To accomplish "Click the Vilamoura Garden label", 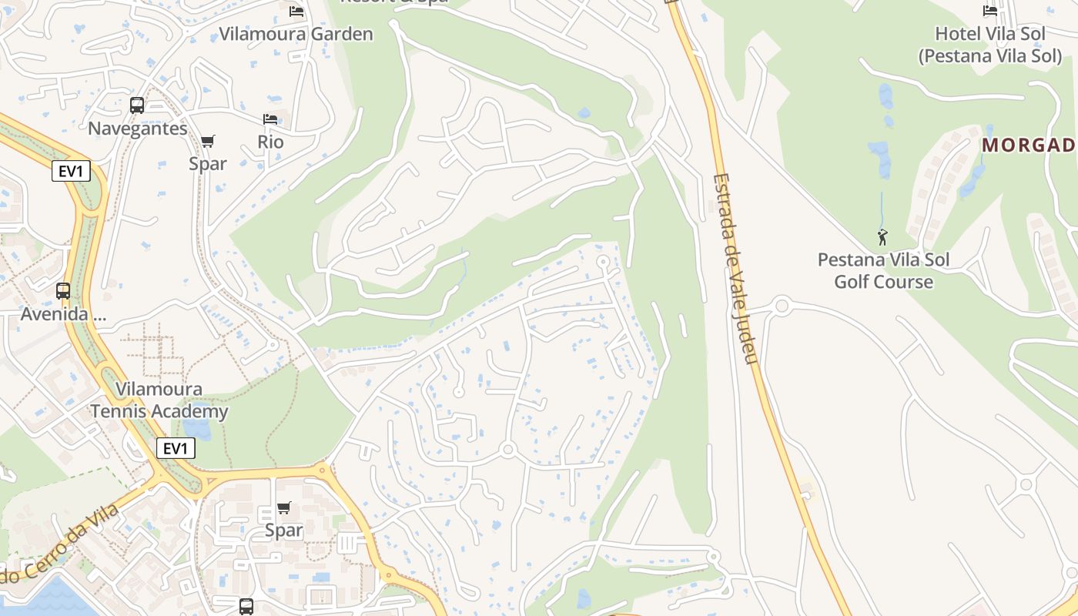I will [296, 34].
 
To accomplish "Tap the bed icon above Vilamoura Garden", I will [296, 11].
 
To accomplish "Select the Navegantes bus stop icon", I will [137, 105].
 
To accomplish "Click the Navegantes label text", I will [138, 128].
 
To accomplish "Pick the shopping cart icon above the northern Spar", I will [208, 141].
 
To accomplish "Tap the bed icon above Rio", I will [270, 119].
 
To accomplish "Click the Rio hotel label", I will [270, 142].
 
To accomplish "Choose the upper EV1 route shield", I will [70, 171].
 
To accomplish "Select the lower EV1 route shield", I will [176, 448].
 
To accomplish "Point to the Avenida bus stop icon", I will [63, 291].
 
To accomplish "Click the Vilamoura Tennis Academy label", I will [159, 400].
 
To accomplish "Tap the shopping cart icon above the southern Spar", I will [284, 507].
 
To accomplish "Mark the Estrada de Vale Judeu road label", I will [735, 268].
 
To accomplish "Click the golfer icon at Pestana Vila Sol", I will [882, 237].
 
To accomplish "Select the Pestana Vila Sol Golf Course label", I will [883, 270].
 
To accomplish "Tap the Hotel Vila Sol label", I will [989, 45].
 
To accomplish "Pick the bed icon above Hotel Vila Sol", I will [990, 11].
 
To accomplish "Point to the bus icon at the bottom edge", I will [246, 607].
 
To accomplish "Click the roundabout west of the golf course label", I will [782, 306].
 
